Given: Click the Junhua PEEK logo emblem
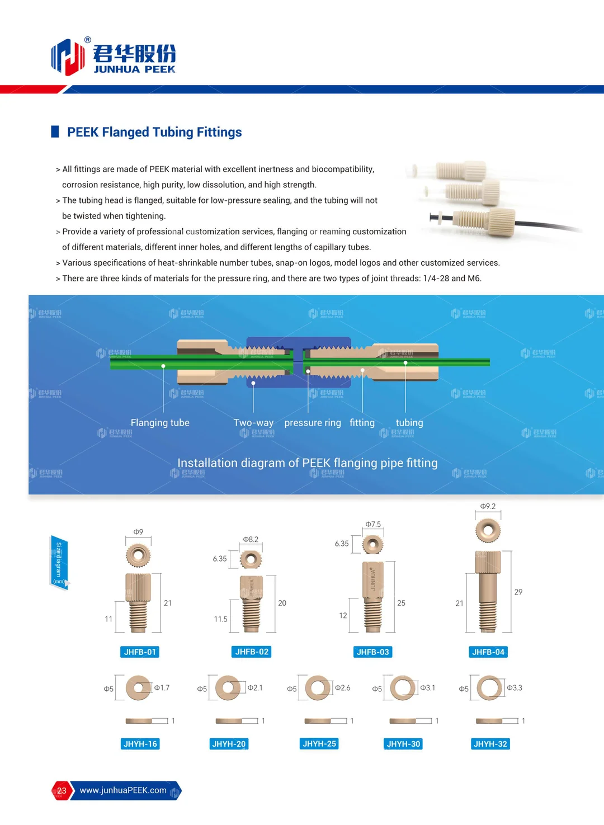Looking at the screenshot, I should point(68,57).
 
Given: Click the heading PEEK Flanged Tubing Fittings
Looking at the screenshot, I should point(154,132).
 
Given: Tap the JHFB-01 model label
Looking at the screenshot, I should point(140,652).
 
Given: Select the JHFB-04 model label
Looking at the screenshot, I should point(488,652).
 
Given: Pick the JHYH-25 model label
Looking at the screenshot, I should point(319,744).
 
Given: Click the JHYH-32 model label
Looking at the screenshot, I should point(490,744).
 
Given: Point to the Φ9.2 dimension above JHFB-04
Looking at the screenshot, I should point(488,506).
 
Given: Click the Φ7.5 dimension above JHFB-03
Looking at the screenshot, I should point(373,525).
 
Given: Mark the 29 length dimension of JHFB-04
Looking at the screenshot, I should point(518,592).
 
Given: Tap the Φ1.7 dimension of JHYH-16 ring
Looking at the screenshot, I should point(162,688).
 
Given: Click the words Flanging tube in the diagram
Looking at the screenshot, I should point(160,423).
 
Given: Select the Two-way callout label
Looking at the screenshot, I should point(253,423).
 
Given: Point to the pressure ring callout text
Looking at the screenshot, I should point(313,423).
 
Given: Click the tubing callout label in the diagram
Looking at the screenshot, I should point(409,423).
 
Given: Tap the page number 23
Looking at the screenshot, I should point(62,791).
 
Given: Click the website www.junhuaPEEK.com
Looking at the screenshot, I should point(123,790).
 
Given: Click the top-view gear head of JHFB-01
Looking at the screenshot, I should point(138,555).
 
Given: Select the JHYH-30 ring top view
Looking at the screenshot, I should point(403,688).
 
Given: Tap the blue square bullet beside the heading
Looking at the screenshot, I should point(55,132).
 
